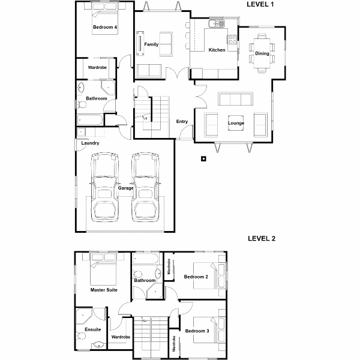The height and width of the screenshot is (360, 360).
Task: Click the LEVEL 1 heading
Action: pyautogui.click(x=260, y=4)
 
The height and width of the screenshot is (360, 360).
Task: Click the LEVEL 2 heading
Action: pyautogui.click(x=262, y=239)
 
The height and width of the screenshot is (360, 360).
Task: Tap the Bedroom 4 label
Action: pyautogui.click(x=105, y=27)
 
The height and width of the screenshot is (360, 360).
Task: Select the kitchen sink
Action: pyautogui.click(x=217, y=23)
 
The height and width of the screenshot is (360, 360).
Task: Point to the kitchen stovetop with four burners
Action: pyautogui.click(x=232, y=39)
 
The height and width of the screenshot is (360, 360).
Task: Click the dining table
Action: pyautogui.click(x=262, y=53)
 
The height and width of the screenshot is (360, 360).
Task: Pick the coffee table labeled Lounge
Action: pyautogui.click(x=236, y=123)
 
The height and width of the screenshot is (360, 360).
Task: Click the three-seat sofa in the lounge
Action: pyautogui.click(x=236, y=99)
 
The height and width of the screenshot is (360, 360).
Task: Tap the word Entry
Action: pyautogui.click(x=182, y=121)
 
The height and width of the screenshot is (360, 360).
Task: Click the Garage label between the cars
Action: pyautogui.click(x=125, y=188)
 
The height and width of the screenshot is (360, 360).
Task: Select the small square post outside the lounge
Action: pyautogui.click(x=203, y=158)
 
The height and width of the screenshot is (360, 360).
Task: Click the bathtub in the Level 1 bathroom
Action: pyautogui.click(x=90, y=120)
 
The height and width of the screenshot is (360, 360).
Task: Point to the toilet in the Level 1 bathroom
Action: pyautogui.click(x=81, y=105)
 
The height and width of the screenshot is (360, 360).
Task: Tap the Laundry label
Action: pyautogui.click(x=90, y=143)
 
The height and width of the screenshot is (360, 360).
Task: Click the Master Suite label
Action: pyautogui.click(x=104, y=290)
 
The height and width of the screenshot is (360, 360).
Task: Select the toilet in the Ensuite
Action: pyautogui.click(x=80, y=336)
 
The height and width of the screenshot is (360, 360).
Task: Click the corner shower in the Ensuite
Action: pyautogui.click(x=84, y=316)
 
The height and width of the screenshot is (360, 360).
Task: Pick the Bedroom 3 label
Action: pyautogui.click(x=197, y=331)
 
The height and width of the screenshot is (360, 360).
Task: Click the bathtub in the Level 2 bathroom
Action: pyautogui.click(x=146, y=259)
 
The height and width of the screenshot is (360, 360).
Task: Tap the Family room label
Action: pyautogui.click(x=151, y=44)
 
